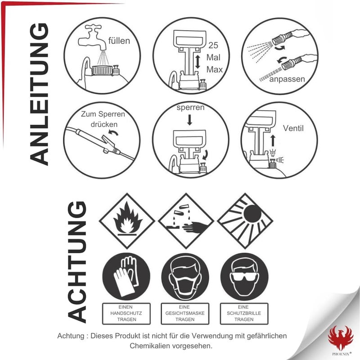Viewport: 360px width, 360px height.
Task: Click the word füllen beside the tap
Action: click(119, 41)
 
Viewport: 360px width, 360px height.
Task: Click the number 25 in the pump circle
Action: click(213, 46)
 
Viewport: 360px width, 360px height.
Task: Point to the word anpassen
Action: click(287, 79)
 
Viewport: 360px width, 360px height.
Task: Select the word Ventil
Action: click(293, 128)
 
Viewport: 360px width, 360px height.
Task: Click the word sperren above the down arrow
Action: click(190, 107)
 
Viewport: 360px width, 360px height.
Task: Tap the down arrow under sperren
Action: click(189, 120)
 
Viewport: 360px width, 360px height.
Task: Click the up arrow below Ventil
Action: click(273, 141)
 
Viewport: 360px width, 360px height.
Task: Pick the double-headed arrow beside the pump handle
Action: click(198, 62)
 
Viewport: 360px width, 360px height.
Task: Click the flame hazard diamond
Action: click(127, 221)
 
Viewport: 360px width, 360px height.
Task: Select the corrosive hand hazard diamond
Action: click(186, 221)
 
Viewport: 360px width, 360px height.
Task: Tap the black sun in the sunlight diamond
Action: click(252, 214)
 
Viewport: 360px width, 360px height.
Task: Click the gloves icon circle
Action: click(126, 277)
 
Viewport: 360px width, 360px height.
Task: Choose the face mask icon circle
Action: click(185, 277)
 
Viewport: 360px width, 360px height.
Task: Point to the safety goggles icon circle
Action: click(244, 277)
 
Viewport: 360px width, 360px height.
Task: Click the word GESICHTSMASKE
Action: click(185, 313)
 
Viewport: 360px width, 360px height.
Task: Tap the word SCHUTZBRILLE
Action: click(244, 313)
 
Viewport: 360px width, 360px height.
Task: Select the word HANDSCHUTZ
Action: click(126, 313)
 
